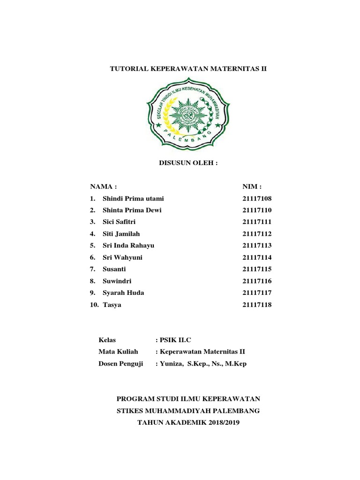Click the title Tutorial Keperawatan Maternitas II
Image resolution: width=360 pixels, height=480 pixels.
(188, 68)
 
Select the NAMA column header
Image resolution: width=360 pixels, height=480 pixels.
(104, 186)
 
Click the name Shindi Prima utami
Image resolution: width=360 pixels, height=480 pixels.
(134, 198)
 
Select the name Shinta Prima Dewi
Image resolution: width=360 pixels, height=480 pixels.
(132, 210)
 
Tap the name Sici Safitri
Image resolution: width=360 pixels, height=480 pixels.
(119, 222)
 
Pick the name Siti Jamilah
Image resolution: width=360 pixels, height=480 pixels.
(121, 233)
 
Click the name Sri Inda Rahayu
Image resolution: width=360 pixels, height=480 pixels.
(128, 245)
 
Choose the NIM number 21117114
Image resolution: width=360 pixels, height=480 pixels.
(257, 257)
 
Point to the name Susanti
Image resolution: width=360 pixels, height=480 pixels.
(114, 269)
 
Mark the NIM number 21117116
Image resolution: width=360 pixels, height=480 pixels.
(257, 281)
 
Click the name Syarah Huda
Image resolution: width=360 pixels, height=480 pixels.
(123, 292)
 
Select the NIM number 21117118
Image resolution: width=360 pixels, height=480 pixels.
(257, 305)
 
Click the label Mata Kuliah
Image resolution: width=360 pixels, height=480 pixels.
(119, 352)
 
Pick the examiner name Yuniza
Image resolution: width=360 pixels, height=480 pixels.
(172, 364)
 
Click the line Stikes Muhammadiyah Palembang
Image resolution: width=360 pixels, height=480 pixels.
(188, 411)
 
